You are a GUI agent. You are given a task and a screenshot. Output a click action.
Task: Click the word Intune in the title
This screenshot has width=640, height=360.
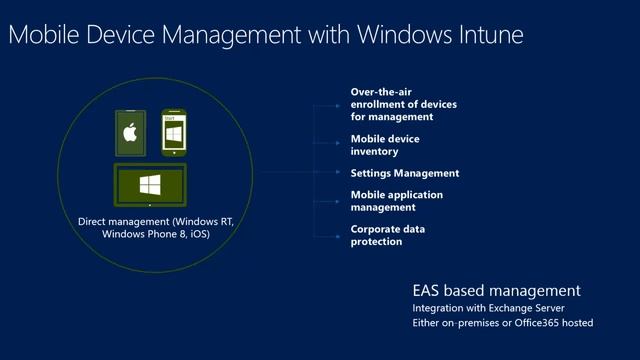coord(487,37)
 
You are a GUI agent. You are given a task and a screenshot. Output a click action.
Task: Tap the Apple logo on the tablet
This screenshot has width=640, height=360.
coord(129,133)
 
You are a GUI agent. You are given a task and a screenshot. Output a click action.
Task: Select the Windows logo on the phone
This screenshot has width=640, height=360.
coord(173,133)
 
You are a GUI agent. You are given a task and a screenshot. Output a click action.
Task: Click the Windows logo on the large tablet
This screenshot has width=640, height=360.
coord(150,185)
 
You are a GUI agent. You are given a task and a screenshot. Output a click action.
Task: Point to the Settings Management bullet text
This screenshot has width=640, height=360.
coord(404,173)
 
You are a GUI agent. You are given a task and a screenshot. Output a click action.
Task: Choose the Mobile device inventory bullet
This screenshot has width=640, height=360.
coord(385,145)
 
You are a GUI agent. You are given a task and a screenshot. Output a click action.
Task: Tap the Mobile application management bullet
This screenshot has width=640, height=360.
coord(396,200)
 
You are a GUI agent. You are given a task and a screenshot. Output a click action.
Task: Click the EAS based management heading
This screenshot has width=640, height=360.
coord(496,291)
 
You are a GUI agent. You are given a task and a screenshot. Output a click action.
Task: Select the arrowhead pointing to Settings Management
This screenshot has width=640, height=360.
coord(341,173)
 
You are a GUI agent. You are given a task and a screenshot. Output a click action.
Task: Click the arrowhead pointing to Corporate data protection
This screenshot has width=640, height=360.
coord(341,235)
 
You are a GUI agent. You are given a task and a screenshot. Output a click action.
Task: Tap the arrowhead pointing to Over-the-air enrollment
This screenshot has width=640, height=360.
coord(341,104)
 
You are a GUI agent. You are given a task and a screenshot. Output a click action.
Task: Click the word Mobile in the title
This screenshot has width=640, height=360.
coord(39,37)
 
